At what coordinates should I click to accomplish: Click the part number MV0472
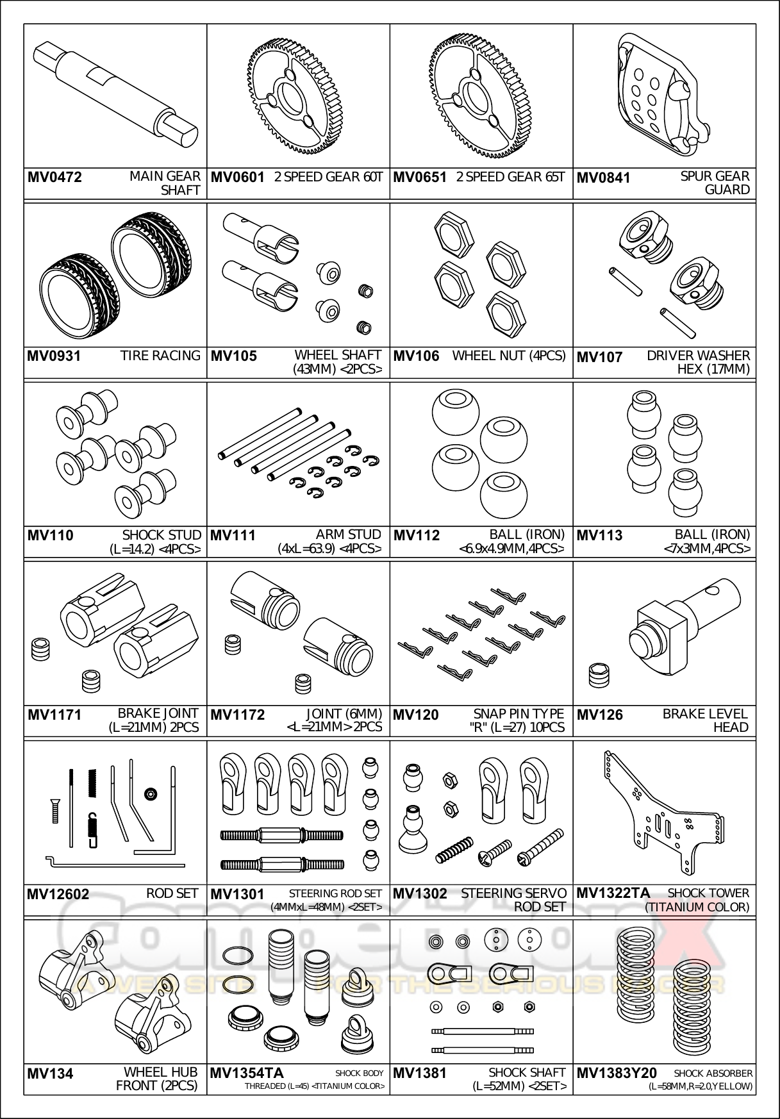pos(54,178)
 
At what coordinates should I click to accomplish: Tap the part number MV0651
pos(419,178)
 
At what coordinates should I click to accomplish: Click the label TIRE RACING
pos(160,356)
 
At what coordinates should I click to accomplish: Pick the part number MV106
pos(416,356)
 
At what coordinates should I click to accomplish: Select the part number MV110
pos(50,536)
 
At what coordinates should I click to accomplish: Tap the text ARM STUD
pos(348,535)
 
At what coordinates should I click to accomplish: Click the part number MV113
pos(599,536)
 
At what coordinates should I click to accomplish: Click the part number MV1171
pos(54,715)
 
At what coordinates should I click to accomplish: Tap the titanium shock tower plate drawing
pos(660,811)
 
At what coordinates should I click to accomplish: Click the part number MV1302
pos(420,894)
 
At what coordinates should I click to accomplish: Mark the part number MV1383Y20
pos(617,1073)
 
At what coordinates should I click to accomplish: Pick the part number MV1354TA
pos(247,1073)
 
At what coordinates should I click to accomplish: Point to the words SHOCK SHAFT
pos(527,1072)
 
